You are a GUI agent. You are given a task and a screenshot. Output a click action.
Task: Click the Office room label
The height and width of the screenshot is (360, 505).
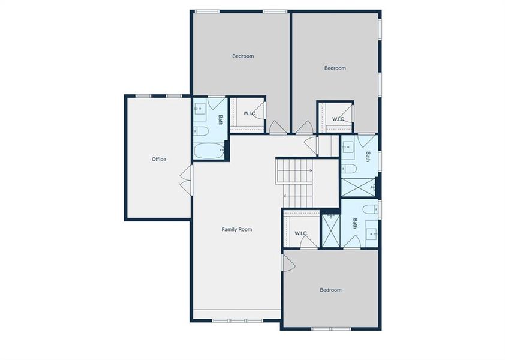(x=159, y=159)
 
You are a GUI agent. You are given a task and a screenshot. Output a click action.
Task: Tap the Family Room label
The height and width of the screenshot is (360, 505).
(x=237, y=229)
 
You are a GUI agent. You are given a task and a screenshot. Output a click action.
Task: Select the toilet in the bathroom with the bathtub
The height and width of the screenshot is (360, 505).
(x=200, y=131)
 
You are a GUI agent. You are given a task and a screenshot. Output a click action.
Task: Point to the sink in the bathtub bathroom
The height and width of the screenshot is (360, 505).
(x=200, y=109)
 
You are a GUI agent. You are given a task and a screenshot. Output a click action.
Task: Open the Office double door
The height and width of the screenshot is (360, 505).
(x=186, y=179)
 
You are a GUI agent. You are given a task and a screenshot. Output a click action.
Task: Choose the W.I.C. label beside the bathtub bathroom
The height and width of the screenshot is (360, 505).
(x=250, y=113)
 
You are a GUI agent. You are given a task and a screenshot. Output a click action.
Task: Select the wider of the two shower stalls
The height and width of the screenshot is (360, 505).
(x=359, y=187)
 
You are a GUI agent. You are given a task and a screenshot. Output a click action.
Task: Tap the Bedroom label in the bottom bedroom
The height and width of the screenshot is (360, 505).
(x=330, y=290)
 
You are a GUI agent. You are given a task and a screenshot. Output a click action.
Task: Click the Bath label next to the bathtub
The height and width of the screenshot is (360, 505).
(x=220, y=120)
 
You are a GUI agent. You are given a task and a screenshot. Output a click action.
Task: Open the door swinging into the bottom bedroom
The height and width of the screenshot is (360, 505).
(x=287, y=262)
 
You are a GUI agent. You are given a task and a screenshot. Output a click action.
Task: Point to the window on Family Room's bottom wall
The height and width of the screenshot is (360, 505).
(x=238, y=320)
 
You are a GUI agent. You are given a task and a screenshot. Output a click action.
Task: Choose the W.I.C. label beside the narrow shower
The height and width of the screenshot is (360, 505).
(x=301, y=233)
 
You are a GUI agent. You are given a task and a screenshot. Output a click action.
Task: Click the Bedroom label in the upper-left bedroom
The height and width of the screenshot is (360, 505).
(x=243, y=56)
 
